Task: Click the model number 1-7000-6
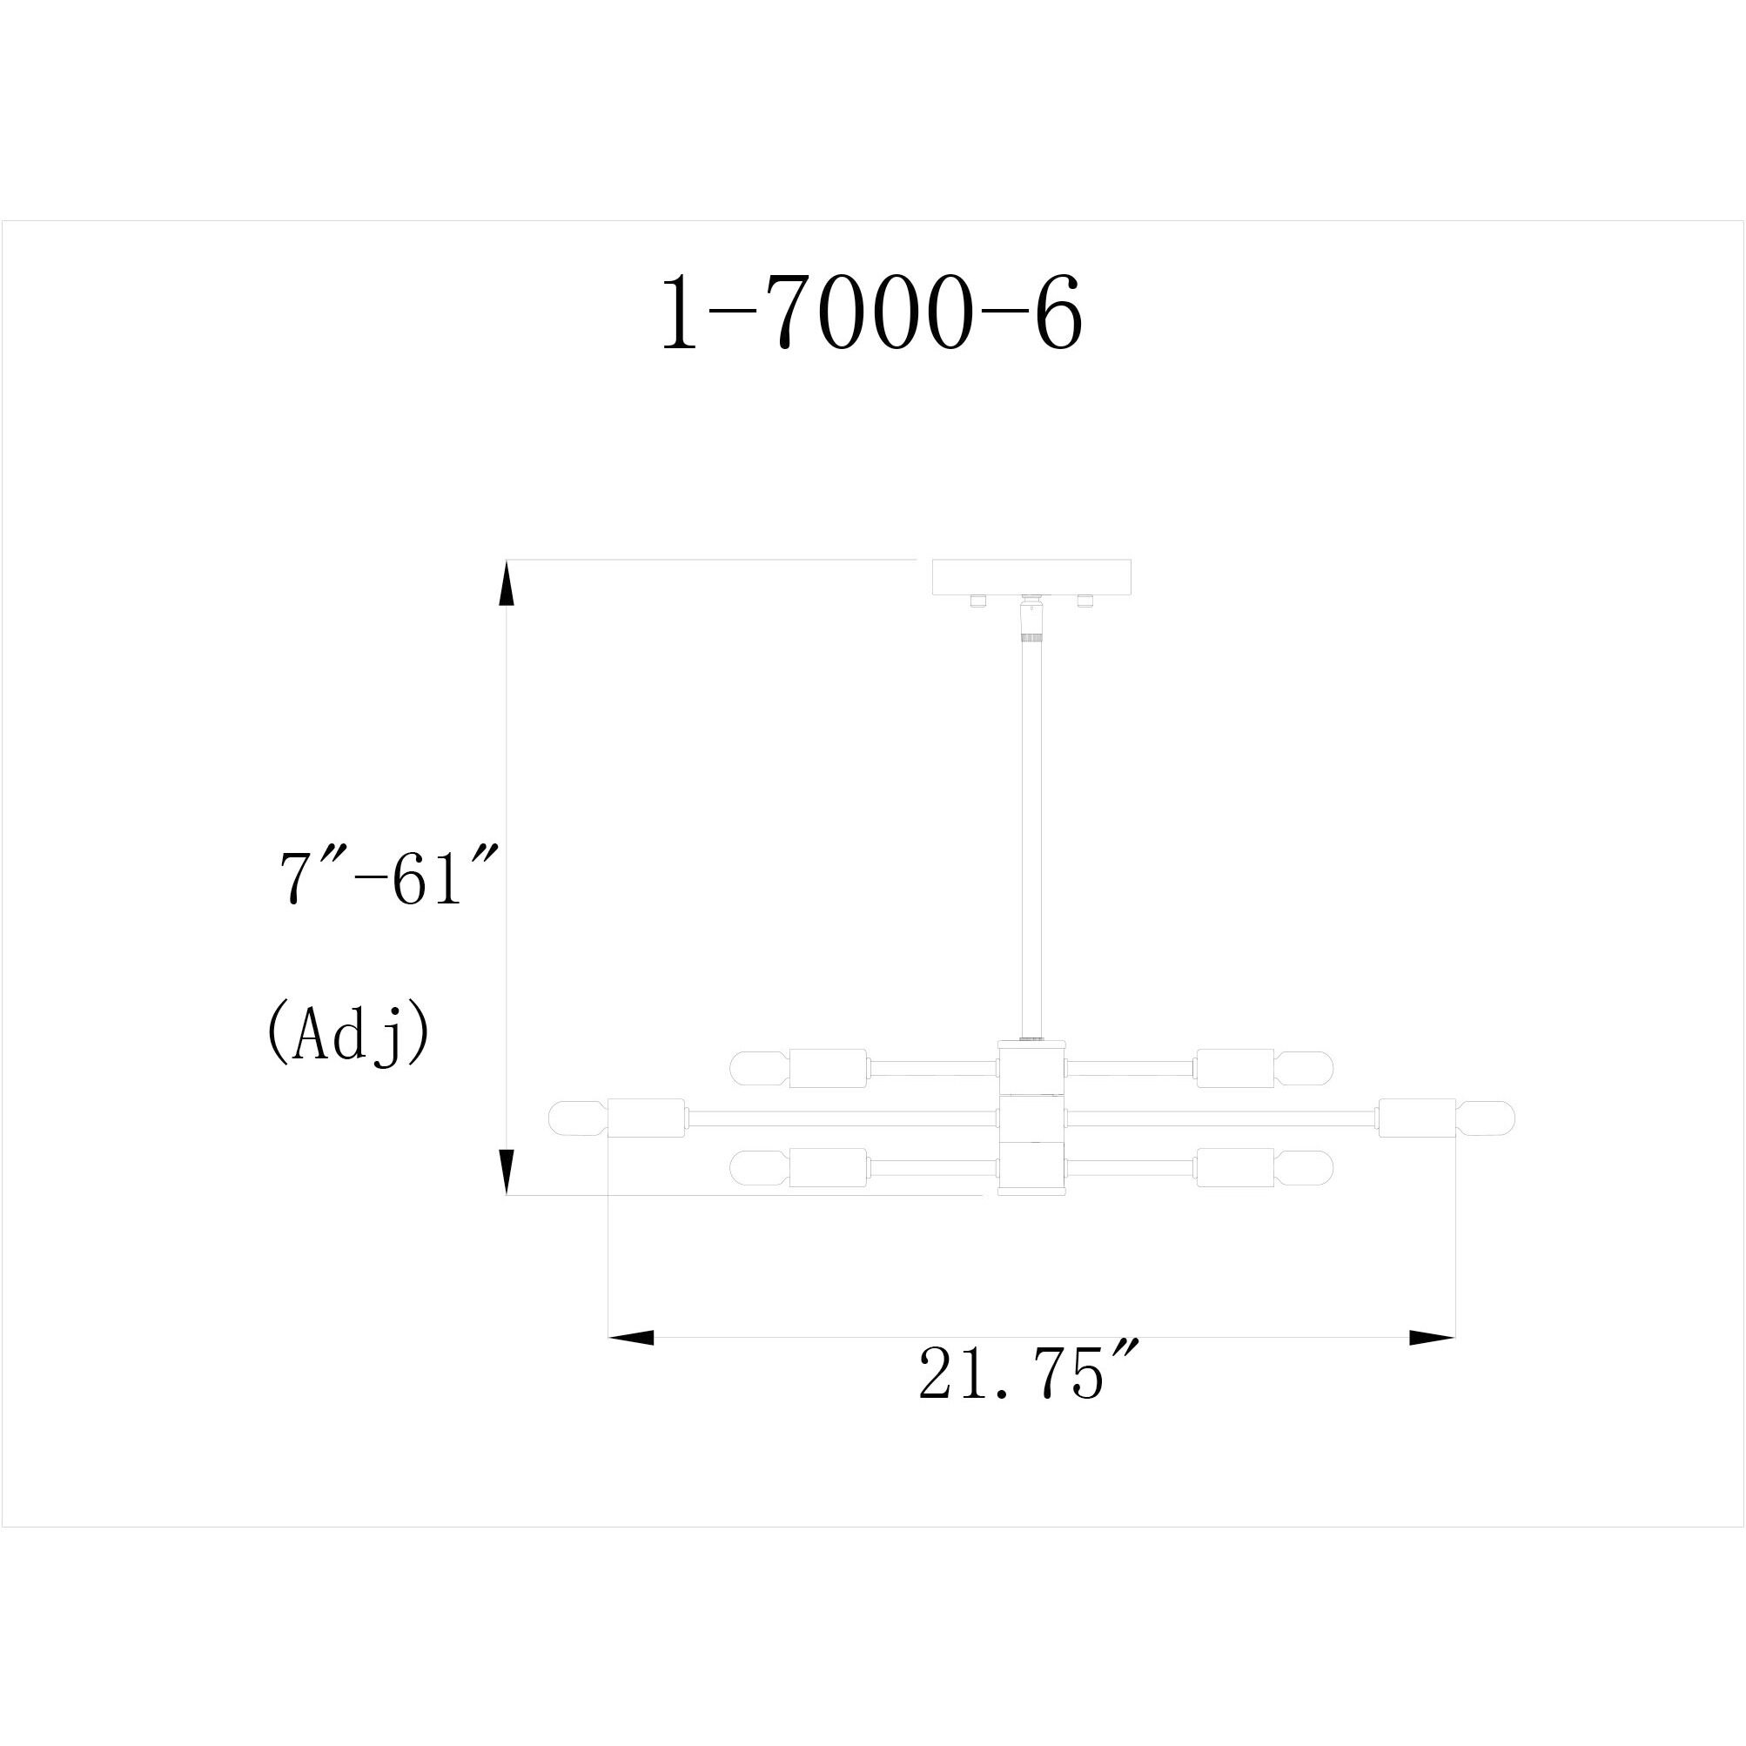point(872,312)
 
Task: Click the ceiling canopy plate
point(1031,576)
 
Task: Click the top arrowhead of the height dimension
point(507,583)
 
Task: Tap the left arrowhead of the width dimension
point(631,1338)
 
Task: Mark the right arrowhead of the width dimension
point(1433,1338)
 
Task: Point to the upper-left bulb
point(759,1068)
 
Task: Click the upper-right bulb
point(1304,1068)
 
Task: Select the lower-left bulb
point(759,1167)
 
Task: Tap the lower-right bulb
point(1304,1167)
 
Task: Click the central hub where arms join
point(1031,1118)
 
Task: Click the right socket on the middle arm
point(1416,1118)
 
